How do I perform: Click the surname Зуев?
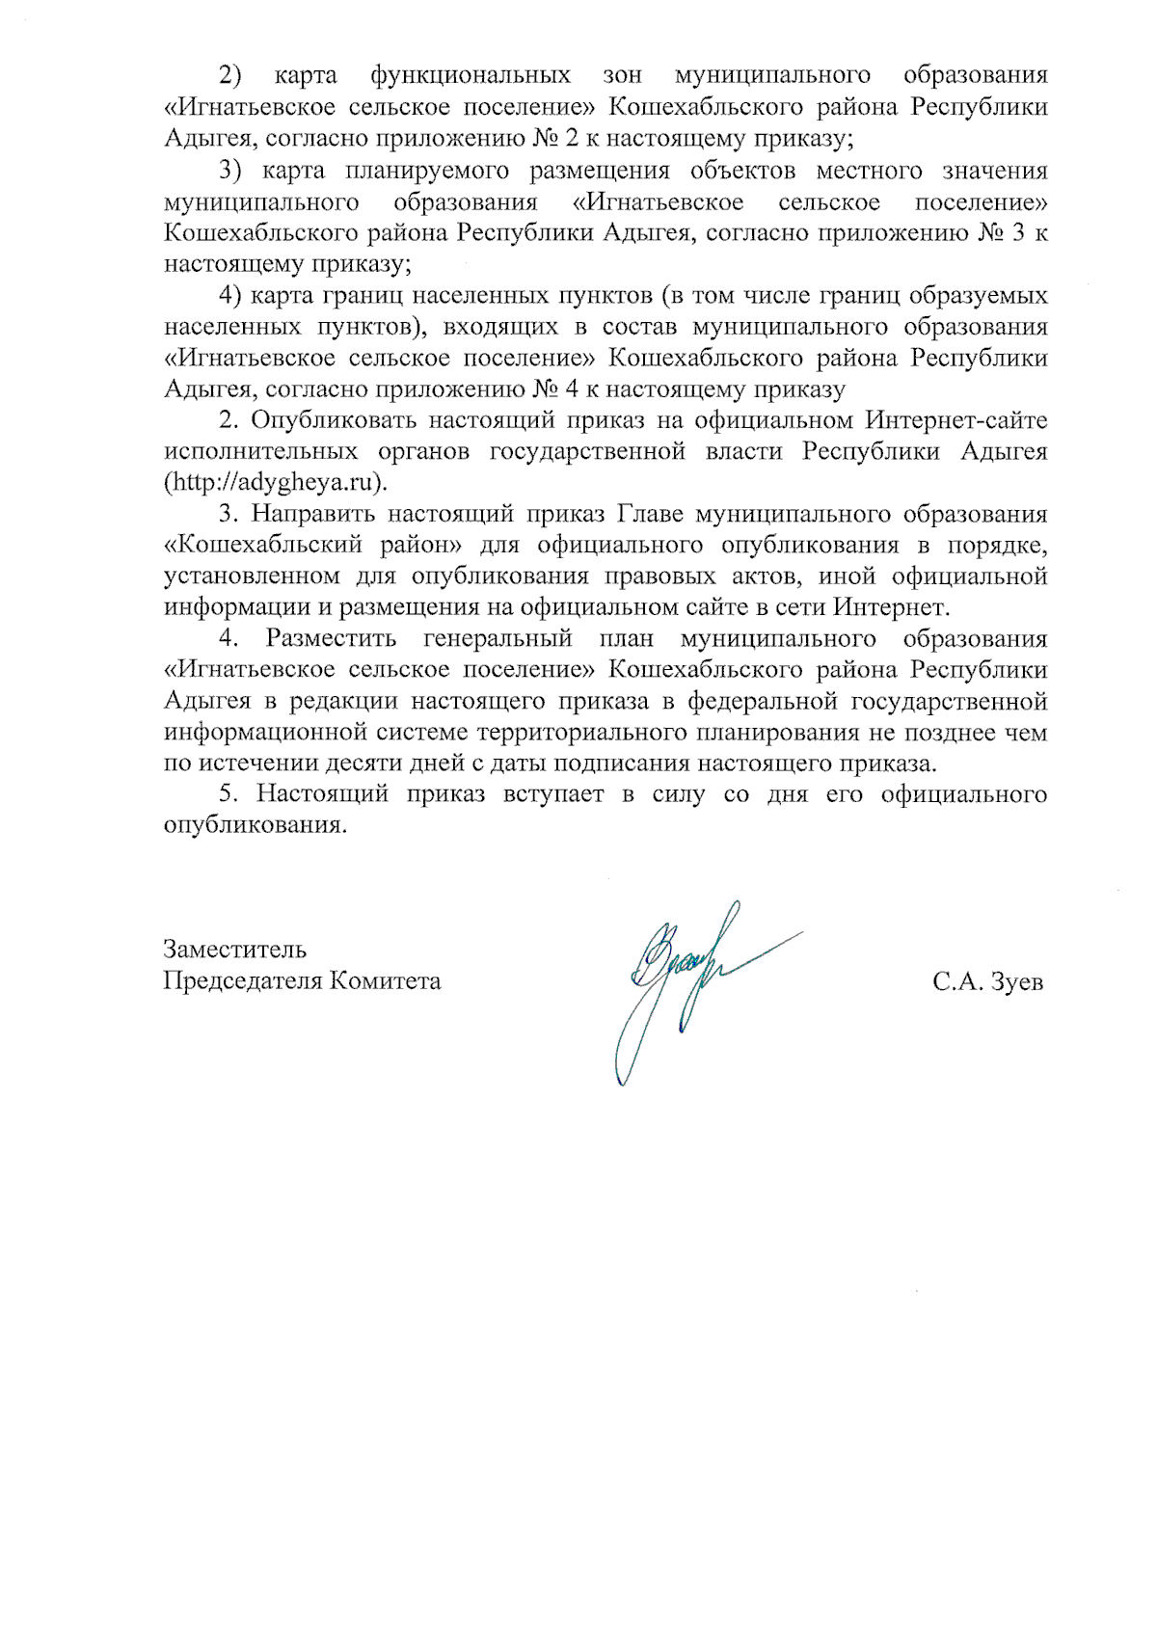(x=1016, y=983)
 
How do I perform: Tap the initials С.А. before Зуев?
(x=957, y=983)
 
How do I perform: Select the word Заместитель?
(x=235, y=950)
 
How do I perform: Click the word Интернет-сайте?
(x=956, y=420)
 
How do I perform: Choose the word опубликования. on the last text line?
(x=255, y=826)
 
